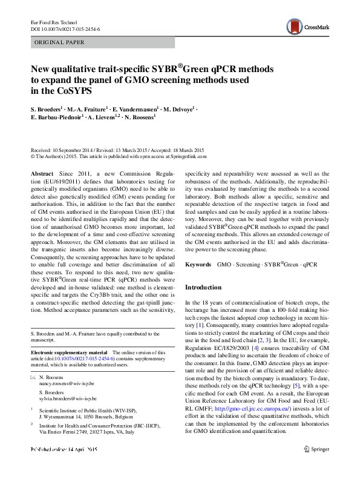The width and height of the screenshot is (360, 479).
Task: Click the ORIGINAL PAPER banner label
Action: click(59, 42)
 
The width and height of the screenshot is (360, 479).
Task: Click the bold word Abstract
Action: click(42, 174)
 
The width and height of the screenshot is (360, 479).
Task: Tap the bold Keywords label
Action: click(198, 265)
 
